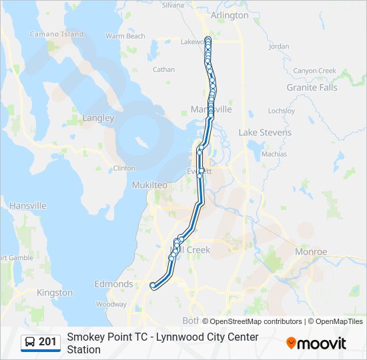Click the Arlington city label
pyautogui.click(x=229, y=15)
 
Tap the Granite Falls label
pyautogui.click(x=312, y=87)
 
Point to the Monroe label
pyautogui.click(x=311, y=252)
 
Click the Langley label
pyautogui.click(x=98, y=118)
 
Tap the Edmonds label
pyautogui.click(x=113, y=284)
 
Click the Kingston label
pyautogui.click(x=55, y=293)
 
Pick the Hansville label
pyautogui.click(x=27, y=206)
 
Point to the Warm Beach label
pyautogui.click(x=125, y=36)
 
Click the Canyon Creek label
pyautogui.click(x=314, y=71)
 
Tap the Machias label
pyautogui.click(x=274, y=154)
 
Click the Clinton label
pyautogui.click(x=124, y=169)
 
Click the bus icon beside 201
pyautogui.click(x=30, y=342)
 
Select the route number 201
pyautogui.click(x=47, y=342)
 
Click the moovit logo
pyautogui.click(x=316, y=343)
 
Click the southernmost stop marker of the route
pyautogui.click(x=153, y=285)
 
